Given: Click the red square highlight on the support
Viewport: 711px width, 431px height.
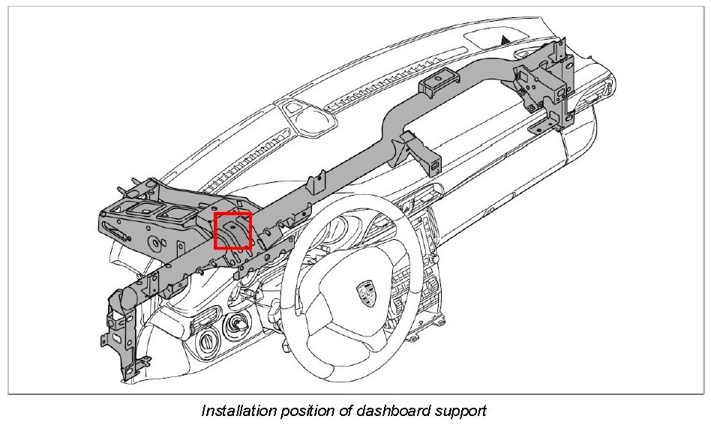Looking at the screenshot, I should [232, 231].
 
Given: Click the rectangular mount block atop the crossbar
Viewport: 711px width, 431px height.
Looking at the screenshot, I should [437, 85].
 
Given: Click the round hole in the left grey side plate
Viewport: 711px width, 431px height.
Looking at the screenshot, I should [154, 241].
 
